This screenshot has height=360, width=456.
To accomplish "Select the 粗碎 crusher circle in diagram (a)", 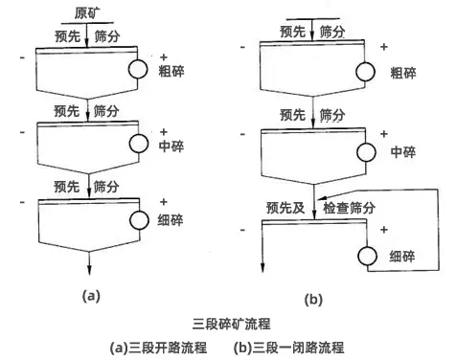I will click(x=140, y=68).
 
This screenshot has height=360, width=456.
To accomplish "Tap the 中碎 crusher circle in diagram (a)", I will click(x=140, y=146).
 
